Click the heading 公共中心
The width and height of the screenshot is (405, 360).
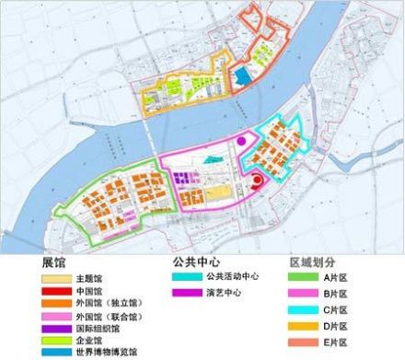coord(196,261)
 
